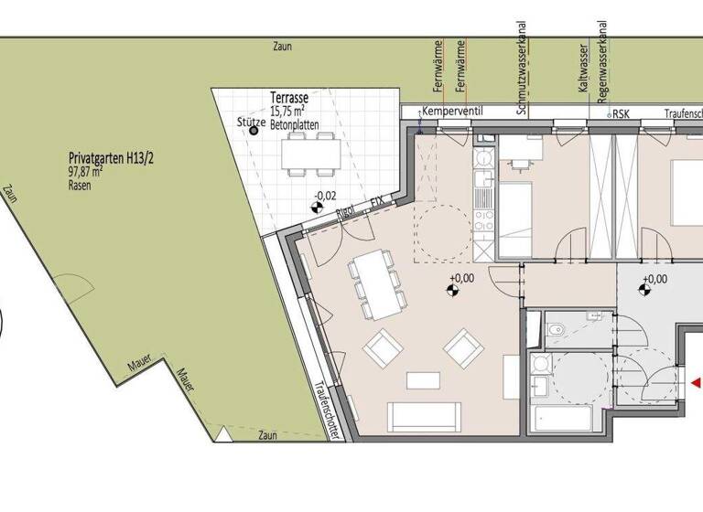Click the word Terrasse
pos(289,96)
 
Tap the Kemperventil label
pos(452,111)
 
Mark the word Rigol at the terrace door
pos(344,213)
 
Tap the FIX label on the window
pos(376,204)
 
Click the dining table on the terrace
pos(308,153)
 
